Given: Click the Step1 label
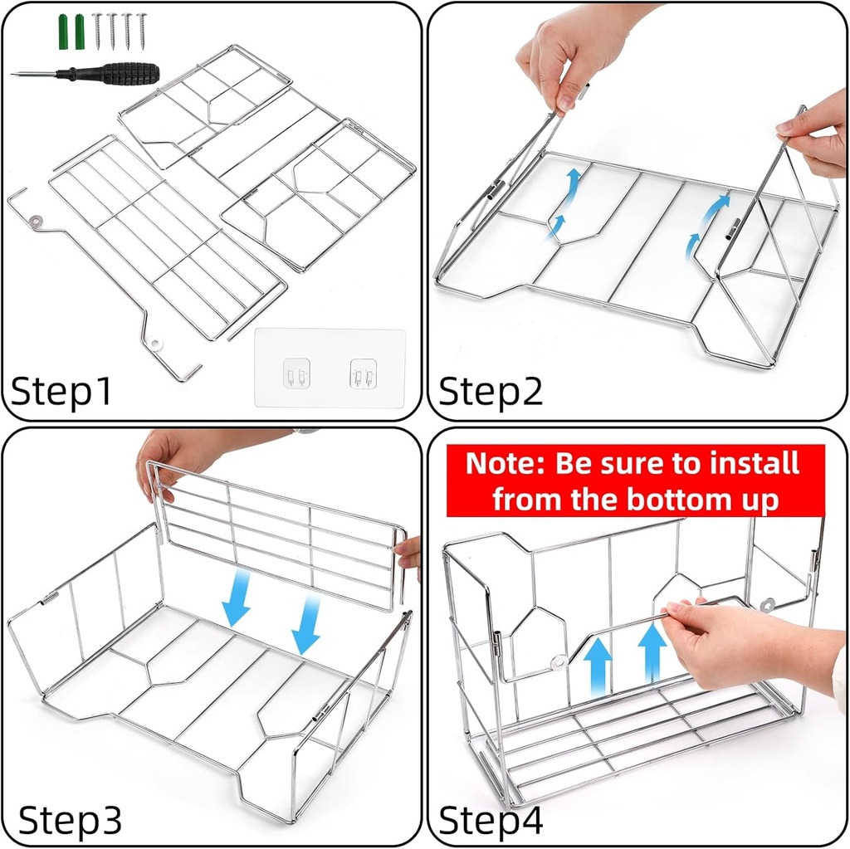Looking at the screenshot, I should [x=62, y=390].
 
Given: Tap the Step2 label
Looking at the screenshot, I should [x=491, y=390].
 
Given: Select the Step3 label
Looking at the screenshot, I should [x=71, y=819].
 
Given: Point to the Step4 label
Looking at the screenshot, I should [x=491, y=819].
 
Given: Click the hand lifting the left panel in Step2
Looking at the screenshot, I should [x=564, y=54].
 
